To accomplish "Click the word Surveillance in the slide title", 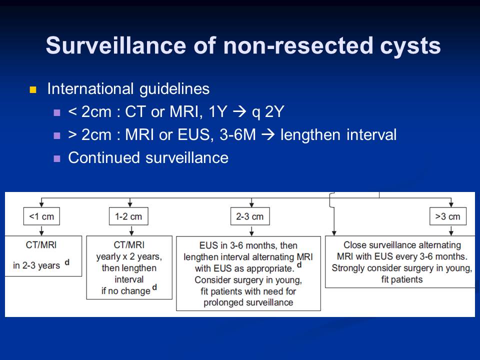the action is (x=116, y=45).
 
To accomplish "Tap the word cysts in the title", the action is (x=410, y=46).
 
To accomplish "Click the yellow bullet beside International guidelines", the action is (x=33, y=89).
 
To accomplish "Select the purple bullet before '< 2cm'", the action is (x=57, y=112).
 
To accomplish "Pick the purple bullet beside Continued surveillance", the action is (x=57, y=158).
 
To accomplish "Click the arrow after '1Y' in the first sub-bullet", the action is (x=239, y=111).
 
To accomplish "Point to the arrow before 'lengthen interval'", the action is (x=268, y=134).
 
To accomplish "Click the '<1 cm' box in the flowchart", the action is (x=41, y=216).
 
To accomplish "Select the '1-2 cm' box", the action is (x=128, y=216).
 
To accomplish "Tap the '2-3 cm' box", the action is (x=250, y=216).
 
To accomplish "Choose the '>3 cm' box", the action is (x=448, y=216).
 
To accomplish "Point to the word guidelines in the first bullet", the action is (x=174, y=89).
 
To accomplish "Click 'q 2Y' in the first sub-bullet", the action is (x=268, y=112).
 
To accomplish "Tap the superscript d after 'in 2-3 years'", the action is (x=67, y=262).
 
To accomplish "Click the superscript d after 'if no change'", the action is (x=154, y=287).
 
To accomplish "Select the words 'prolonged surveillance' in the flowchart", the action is (x=248, y=302).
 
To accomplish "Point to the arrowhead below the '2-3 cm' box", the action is (x=251, y=234).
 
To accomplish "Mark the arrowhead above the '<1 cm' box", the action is (x=41, y=205).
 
